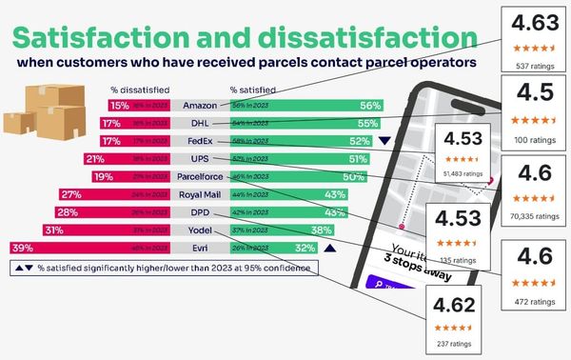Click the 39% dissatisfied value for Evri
(21, 248)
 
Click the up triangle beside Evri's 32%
(328, 248)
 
